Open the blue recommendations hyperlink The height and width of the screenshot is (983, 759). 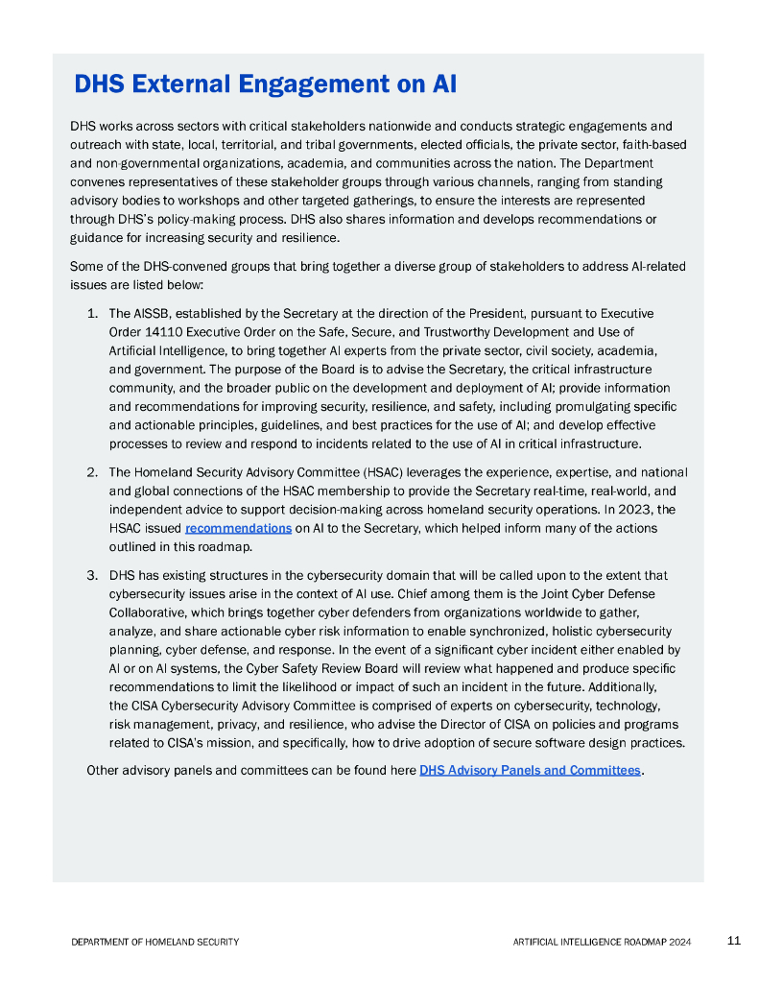click(238, 528)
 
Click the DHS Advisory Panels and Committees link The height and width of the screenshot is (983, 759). click(530, 770)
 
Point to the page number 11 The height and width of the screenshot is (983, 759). click(734, 941)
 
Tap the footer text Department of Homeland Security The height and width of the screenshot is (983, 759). click(155, 942)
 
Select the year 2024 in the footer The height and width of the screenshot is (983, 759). click(678, 942)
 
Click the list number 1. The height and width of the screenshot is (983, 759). click(92, 313)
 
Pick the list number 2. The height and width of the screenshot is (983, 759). click(92, 472)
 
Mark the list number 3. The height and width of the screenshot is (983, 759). click(92, 575)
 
